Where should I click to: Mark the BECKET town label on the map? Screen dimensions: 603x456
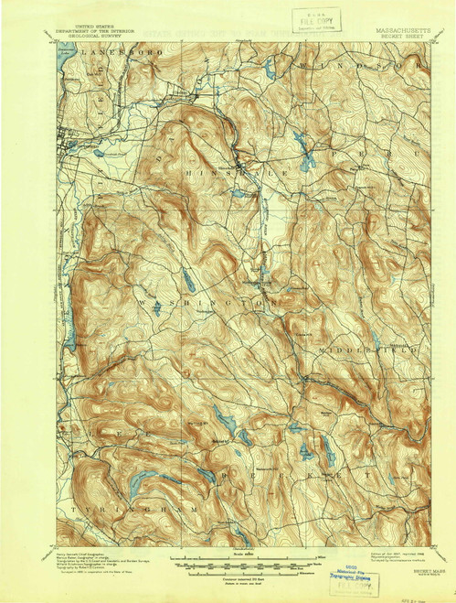[x=302, y=474]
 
